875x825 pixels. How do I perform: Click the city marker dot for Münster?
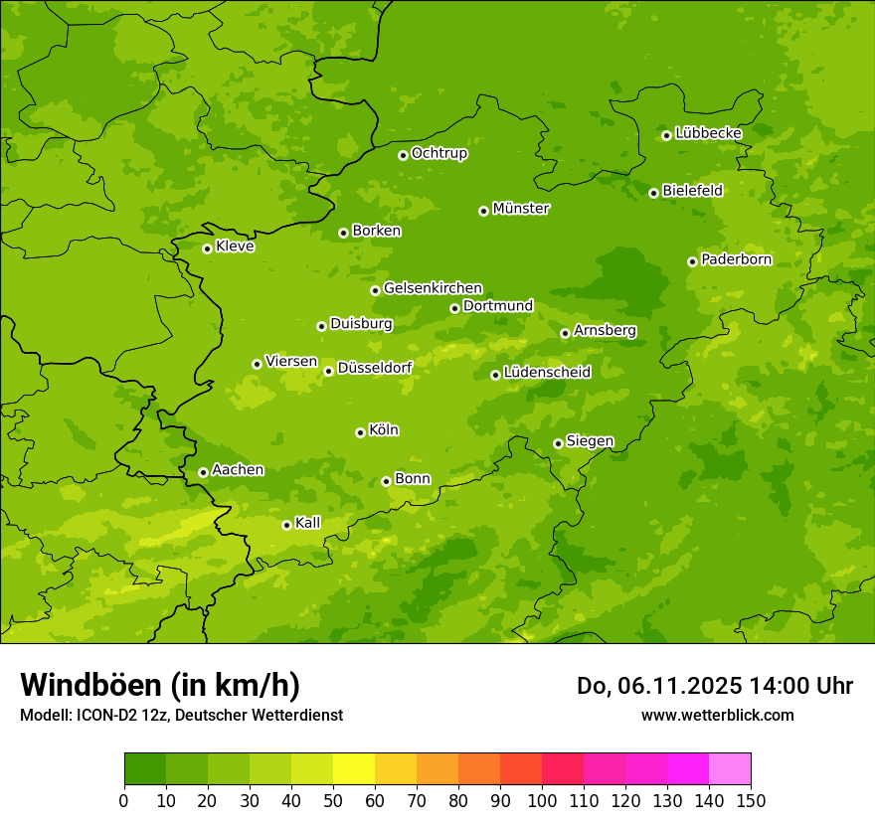(x=483, y=211)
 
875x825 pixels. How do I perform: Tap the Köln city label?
(x=384, y=430)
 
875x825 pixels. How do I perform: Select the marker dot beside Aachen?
(x=203, y=472)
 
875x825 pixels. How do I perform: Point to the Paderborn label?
(x=737, y=259)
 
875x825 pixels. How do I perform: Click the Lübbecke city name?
(x=709, y=133)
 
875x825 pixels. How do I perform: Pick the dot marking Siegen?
(x=558, y=443)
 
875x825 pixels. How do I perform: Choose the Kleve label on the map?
(x=236, y=247)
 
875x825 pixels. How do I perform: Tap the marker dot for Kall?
(x=286, y=525)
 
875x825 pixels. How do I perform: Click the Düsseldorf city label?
(x=375, y=368)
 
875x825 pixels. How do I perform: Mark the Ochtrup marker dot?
(x=403, y=155)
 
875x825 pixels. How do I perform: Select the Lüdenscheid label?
(x=548, y=373)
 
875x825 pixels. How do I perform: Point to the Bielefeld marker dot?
(x=653, y=193)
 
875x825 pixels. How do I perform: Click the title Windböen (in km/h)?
(x=160, y=685)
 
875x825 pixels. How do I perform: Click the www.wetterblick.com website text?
(x=717, y=715)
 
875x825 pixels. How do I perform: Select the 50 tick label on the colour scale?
(x=332, y=800)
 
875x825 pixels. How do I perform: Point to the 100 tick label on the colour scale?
(x=542, y=800)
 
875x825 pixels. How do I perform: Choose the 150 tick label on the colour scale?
(x=751, y=800)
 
